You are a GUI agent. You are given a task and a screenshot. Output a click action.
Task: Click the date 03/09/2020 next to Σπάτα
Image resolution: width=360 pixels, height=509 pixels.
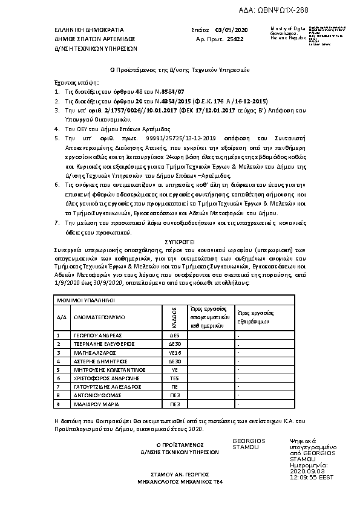[228, 29]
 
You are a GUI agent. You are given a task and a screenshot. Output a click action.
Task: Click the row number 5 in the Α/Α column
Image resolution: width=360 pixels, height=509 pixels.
[59, 369]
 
